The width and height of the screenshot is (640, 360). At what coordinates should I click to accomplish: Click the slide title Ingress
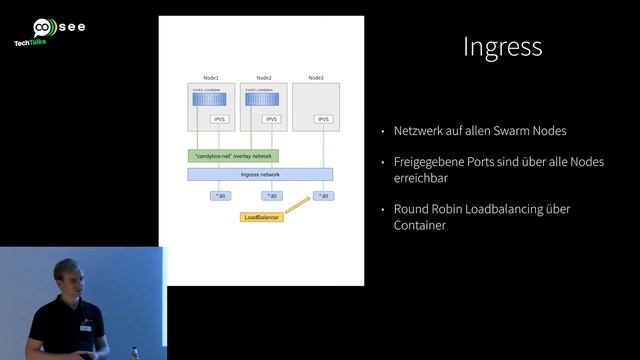coord(503,47)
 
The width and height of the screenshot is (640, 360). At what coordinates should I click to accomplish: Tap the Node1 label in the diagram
coord(211,77)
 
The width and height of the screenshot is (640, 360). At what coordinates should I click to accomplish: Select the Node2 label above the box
coord(264,77)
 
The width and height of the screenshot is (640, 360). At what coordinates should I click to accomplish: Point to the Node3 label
coord(316,77)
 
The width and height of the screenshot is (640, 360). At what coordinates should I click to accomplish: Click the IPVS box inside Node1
coord(219,119)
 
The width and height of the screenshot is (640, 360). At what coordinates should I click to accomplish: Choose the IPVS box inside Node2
coord(271,119)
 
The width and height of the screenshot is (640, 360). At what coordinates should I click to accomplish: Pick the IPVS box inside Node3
coord(323,119)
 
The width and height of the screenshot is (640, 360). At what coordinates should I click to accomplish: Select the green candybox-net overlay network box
coord(233,156)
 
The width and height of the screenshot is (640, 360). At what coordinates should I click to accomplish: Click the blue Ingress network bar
coord(260,174)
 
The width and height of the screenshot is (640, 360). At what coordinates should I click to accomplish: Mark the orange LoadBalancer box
coord(262,217)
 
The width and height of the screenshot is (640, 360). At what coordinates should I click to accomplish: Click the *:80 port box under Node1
coord(219,196)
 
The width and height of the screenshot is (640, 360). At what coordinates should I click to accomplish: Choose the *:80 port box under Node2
coord(271,196)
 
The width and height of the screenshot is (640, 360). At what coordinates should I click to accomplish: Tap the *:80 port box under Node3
coord(323,196)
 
